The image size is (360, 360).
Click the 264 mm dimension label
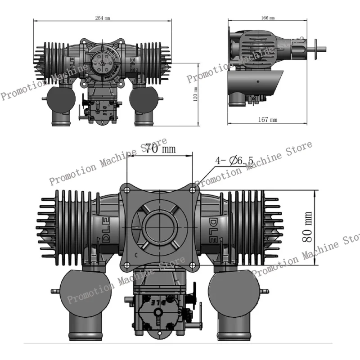click(103, 18)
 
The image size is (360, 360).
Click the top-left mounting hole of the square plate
click(127, 190)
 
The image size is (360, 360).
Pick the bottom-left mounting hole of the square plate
click(127, 256)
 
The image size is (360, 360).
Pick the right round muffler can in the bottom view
click(234, 290)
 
